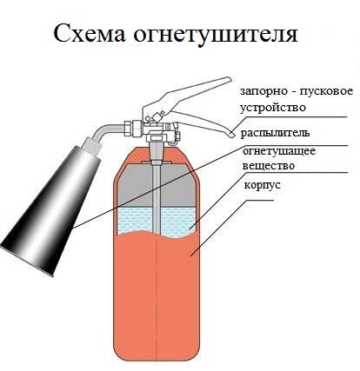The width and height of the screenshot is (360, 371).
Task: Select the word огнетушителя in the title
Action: pyautogui.click(x=216, y=34)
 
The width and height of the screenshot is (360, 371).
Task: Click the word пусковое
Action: pyautogui.click(x=326, y=92)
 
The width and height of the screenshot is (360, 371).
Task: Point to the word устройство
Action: pyautogui.click(x=273, y=108)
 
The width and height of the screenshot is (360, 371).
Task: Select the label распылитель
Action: pyautogui.click(x=275, y=134)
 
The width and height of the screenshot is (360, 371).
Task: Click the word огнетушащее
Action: pyautogui.click(x=279, y=151)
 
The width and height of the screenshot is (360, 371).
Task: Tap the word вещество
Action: pyautogui.click(x=269, y=166)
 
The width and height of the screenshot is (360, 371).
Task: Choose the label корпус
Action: pyautogui.click(x=263, y=185)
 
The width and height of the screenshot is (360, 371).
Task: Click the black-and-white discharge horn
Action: pyautogui.click(x=50, y=211)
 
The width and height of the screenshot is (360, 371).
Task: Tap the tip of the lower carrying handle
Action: pyautogui.click(x=232, y=135)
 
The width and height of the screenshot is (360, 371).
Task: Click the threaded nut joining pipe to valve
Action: pyautogui.click(x=132, y=129)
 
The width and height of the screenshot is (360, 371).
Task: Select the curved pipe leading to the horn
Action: pyautogui.click(x=109, y=129)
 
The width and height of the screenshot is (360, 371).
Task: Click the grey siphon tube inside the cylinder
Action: pyautogui.click(x=157, y=198)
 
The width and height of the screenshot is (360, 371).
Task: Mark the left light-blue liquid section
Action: pyautogui.click(x=135, y=220)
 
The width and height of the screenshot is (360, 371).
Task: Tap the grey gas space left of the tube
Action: pyautogui.click(x=135, y=186)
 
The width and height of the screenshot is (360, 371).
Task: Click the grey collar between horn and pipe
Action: pyautogui.click(x=91, y=146)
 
